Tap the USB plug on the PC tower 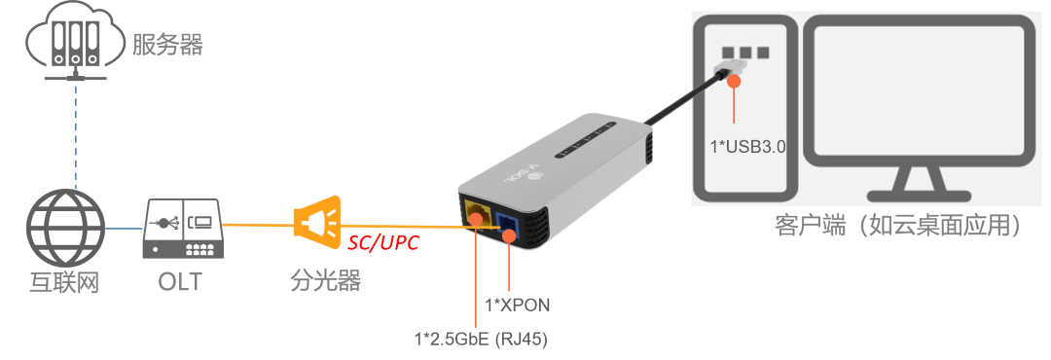731,69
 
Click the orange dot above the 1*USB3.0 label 735,82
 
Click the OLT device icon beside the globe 183,232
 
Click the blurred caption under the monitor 900,228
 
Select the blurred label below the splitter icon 319,283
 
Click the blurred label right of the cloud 169,43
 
